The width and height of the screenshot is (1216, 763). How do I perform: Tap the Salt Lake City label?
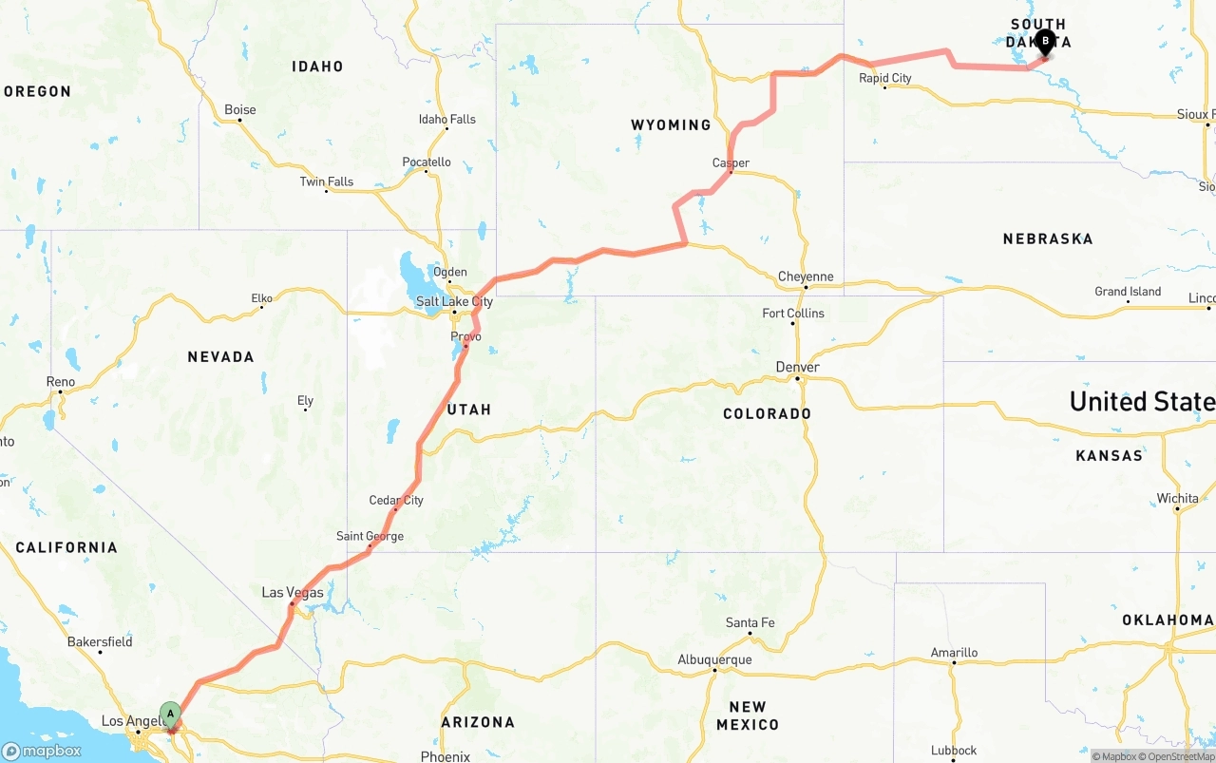pyautogui.click(x=454, y=302)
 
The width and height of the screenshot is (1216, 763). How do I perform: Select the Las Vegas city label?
pyautogui.click(x=293, y=593)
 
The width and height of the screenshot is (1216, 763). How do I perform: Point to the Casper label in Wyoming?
pyautogui.click(x=731, y=163)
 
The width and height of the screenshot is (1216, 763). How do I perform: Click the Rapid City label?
pyautogui.click(x=885, y=78)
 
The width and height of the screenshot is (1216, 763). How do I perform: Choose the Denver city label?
pyautogui.click(x=797, y=368)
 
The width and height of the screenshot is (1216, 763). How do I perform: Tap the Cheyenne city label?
pyautogui.click(x=806, y=277)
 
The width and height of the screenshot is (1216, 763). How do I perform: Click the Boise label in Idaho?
pyautogui.click(x=240, y=110)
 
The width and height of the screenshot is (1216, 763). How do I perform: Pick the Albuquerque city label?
pyautogui.click(x=714, y=660)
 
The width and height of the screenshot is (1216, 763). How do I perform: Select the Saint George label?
pyautogui.click(x=370, y=537)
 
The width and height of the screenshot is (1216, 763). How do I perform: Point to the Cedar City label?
pyautogui.click(x=396, y=501)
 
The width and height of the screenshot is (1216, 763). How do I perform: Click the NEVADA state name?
pyautogui.click(x=220, y=357)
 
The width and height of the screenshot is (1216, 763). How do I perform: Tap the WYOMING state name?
pyautogui.click(x=671, y=125)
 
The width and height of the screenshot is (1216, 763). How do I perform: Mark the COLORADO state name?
pyautogui.click(x=767, y=414)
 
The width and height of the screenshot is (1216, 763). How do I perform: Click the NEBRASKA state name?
pyautogui.click(x=1048, y=239)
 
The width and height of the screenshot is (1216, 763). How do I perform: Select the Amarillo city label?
pyautogui.click(x=954, y=653)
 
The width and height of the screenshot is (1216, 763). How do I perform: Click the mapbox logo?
pyautogui.click(x=42, y=751)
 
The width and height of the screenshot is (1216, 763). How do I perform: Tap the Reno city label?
pyautogui.click(x=61, y=382)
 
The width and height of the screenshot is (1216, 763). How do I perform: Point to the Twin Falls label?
pyautogui.click(x=327, y=182)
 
